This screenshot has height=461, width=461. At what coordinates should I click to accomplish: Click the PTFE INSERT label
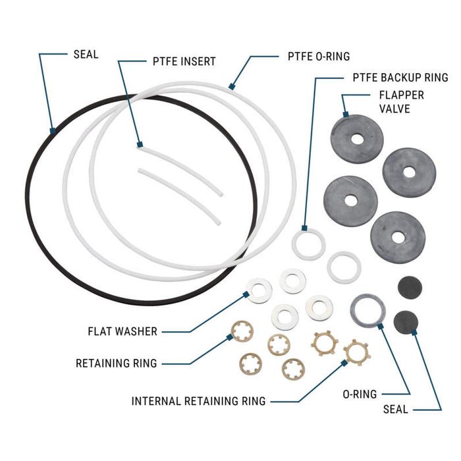pyautogui.click(x=180, y=61)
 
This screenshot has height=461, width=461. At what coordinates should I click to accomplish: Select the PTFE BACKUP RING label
pyautogui.click(x=400, y=78)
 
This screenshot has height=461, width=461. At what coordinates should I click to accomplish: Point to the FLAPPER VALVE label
pyautogui.click(x=401, y=101)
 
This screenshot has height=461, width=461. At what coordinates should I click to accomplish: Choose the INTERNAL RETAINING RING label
pyautogui.click(x=198, y=400)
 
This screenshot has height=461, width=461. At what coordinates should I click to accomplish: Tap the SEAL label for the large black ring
pyautogui.click(x=85, y=54)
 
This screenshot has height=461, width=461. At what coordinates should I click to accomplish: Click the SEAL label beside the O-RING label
pyautogui.click(x=396, y=409)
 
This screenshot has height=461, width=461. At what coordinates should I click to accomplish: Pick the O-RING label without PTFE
pyautogui.click(x=360, y=394)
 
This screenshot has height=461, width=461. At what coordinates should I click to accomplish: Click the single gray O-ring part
pyautogui.click(x=367, y=310)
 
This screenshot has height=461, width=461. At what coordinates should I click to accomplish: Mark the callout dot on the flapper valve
pyautogui.click(x=344, y=114)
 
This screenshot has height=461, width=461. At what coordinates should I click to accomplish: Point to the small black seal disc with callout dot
pyautogui.click(x=406, y=322)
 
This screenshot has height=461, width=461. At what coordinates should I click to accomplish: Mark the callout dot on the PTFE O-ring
pyautogui.click(x=231, y=86)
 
